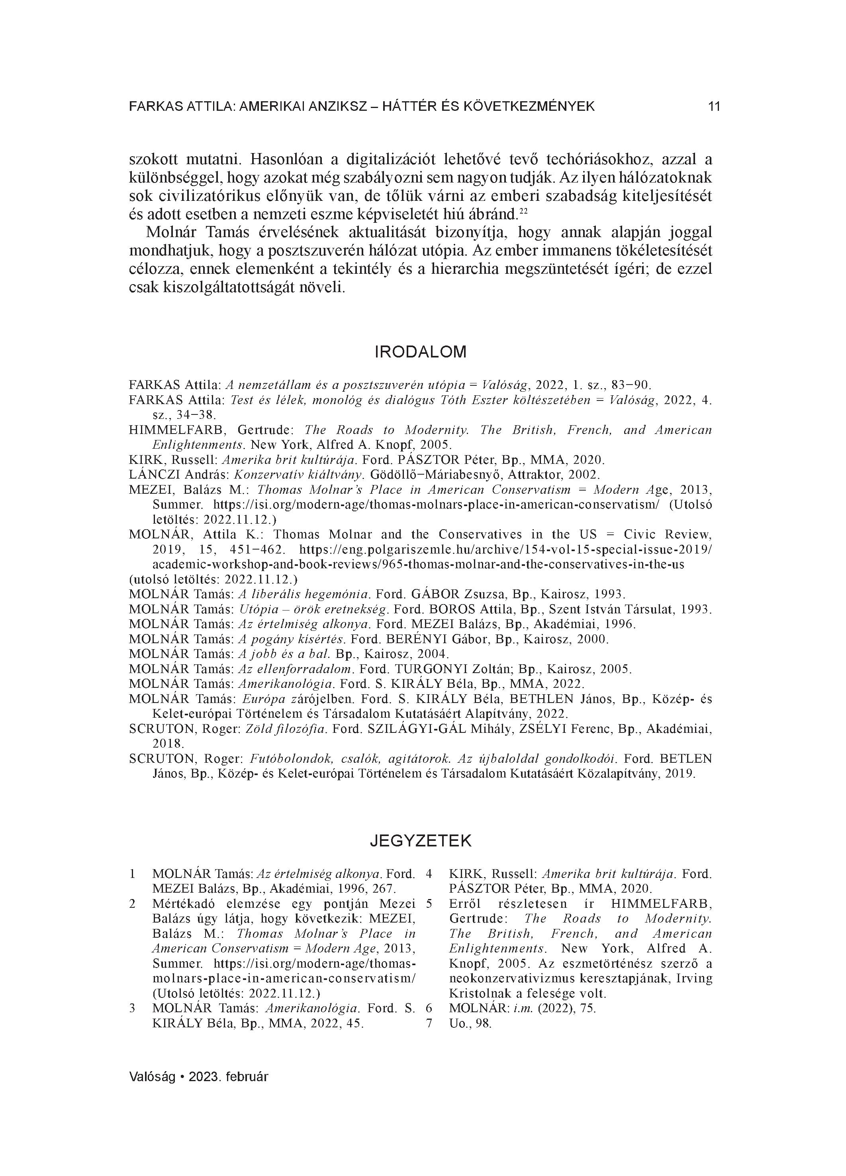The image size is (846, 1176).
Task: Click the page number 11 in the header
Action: pos(714,107)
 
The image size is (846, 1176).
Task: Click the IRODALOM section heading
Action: pos(420,352)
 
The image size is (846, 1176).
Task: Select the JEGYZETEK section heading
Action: pos(420,840)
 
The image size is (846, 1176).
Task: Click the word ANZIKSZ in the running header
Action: pos(339,107)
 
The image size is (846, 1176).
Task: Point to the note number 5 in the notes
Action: pos(429,904)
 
